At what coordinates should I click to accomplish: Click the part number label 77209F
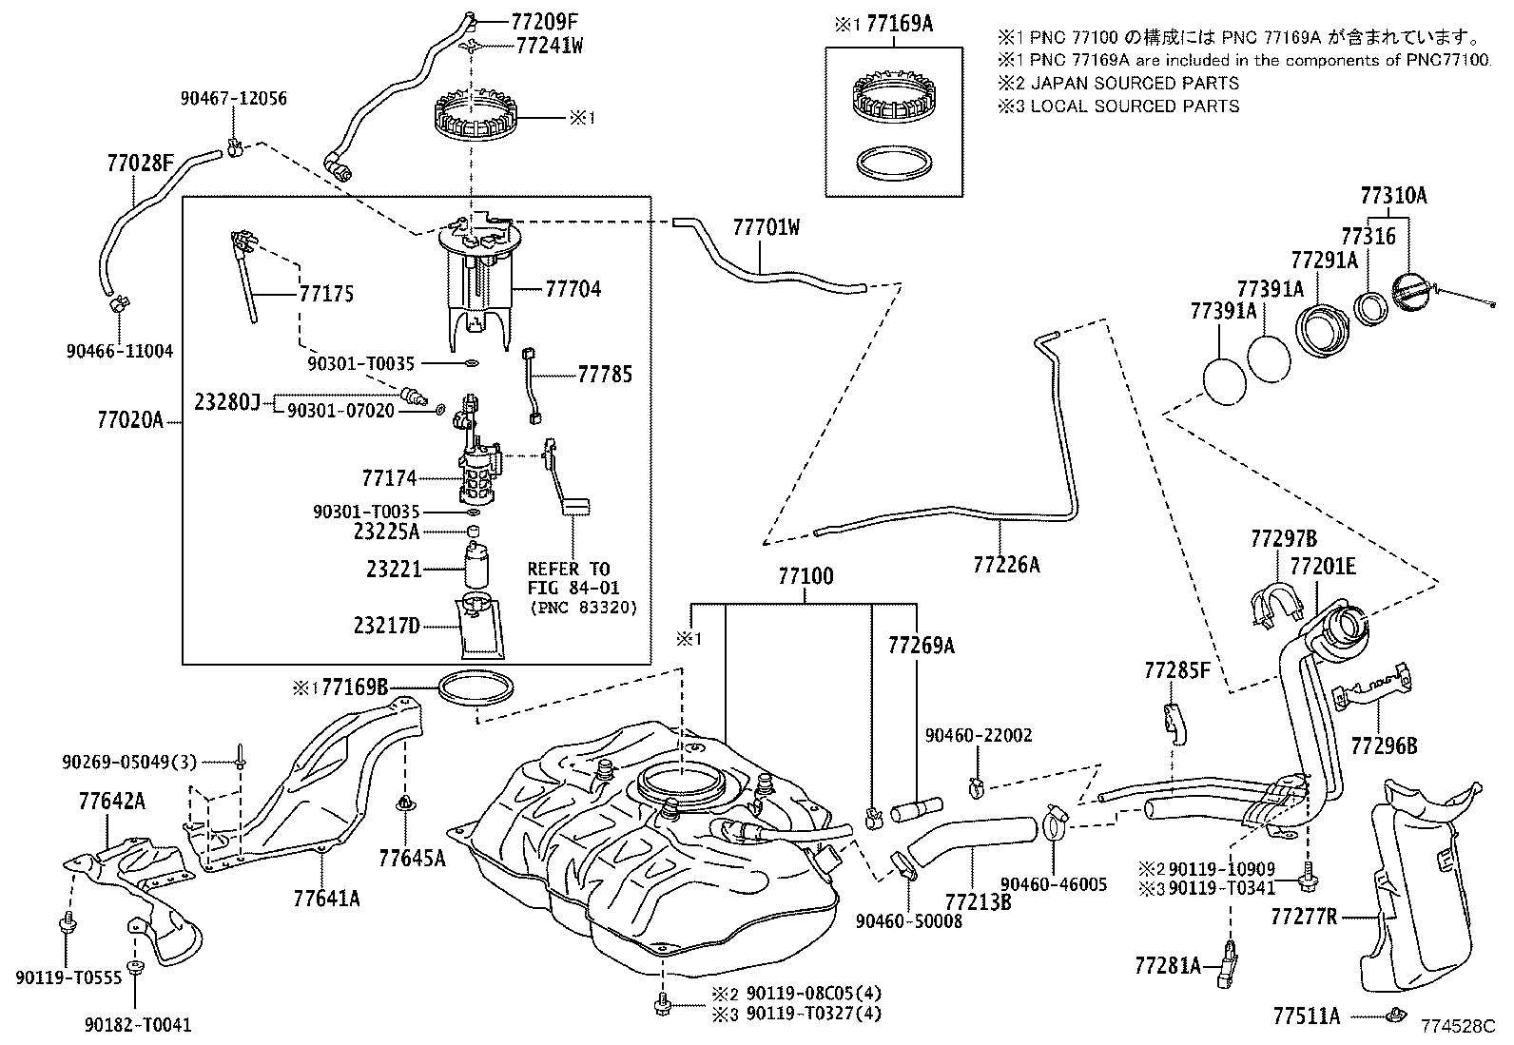pos(544,22)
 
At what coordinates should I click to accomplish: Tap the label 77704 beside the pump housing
pos(573,289)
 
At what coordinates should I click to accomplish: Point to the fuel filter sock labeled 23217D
pos(480,626)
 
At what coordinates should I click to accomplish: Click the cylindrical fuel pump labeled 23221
pos(476,565)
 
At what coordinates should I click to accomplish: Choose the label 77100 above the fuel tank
pos(806,576)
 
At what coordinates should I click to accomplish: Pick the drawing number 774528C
pos(1457,1026)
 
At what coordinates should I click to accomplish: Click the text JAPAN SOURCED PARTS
pos(1135,83)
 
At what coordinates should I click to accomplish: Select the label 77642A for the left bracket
pos(111,802)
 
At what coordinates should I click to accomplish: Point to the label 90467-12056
pos(233,99)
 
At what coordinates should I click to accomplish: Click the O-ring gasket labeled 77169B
pos(476,688)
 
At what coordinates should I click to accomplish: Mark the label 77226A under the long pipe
pos(1006,565)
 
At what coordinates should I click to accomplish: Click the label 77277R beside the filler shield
pos(1304,917)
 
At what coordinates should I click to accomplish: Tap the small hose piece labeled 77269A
pos(917,809)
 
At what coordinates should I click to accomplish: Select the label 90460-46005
pos(1054,884)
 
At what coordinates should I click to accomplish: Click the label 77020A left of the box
pos(130,420)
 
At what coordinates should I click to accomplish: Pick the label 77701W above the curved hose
pos(767,228)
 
